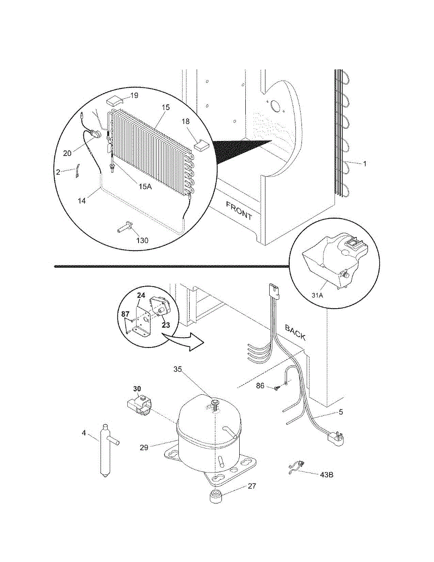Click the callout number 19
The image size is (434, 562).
click(134, 96)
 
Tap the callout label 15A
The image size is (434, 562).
click(145, 186)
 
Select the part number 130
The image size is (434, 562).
click(142, 240)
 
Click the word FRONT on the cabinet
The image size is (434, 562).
click(239, 211)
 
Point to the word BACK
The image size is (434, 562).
click(295, 333)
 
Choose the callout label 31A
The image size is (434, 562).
click(317, 295)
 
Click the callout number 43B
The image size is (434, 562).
click(326, 475)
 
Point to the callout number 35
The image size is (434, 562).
click(177, 370)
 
